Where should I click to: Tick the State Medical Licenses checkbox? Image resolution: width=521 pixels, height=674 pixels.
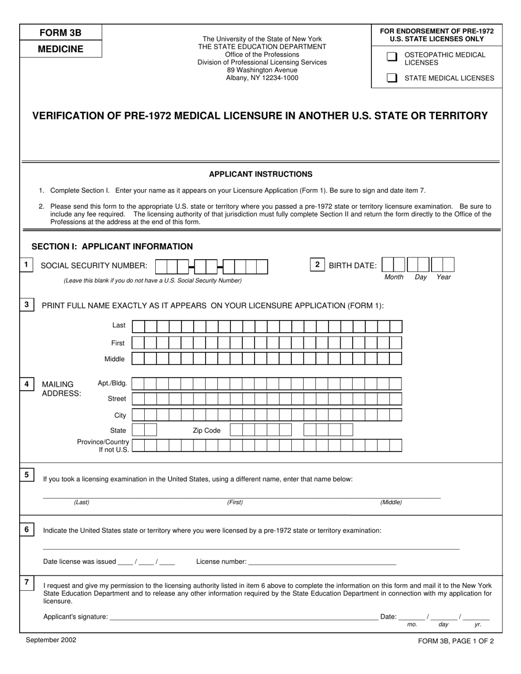pos(392,78)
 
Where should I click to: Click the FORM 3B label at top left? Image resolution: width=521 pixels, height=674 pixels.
pos(60,33)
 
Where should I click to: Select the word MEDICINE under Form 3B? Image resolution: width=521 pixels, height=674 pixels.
pos(60,49)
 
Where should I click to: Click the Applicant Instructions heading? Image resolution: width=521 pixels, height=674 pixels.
pos(260,174)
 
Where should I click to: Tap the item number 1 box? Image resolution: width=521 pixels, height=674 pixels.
pos(26,265)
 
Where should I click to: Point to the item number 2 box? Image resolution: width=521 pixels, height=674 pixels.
pos(317,265)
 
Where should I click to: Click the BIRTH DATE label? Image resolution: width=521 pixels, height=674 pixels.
pos(353,266)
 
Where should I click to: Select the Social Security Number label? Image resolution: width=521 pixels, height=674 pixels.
pos(94,266)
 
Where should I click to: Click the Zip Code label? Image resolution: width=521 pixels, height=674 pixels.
pos(206,431)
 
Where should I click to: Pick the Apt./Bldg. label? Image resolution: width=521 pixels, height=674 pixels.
pos(112,383)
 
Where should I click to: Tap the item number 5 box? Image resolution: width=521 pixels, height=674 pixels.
pos(27,475)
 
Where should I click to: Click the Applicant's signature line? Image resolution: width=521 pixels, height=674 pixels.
pos(243,617)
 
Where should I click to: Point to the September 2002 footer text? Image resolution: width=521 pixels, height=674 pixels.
pos(51,639)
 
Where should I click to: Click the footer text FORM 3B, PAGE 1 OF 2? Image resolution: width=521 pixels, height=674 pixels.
pos(455,641)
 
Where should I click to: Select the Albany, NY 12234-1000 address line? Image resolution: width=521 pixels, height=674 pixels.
pos(262,78)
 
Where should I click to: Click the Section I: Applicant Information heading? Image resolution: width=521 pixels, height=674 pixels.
pos(112,247)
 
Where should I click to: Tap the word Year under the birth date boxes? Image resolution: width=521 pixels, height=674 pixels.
pos(444,277)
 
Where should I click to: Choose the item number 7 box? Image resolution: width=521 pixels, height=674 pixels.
pos(27,582)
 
